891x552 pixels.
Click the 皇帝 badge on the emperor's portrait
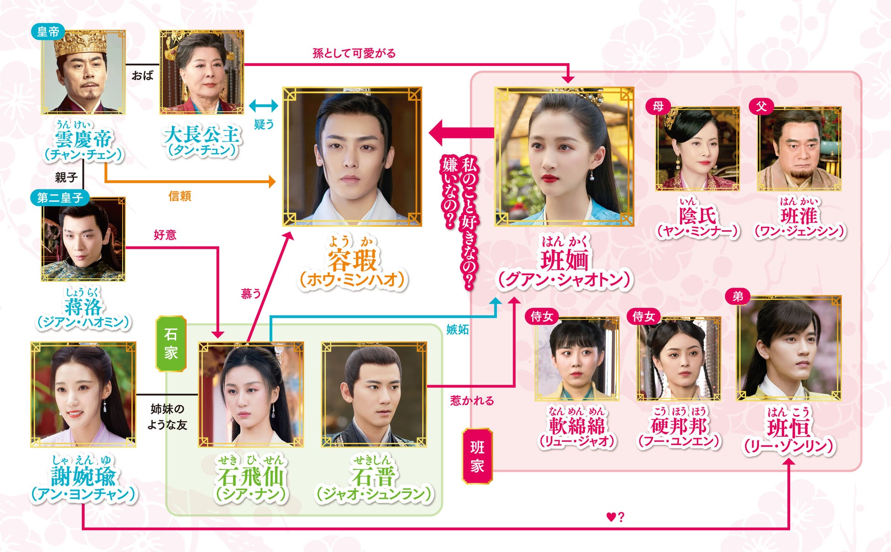pyautogui.click(x=48, y=32)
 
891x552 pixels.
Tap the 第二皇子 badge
pyautogui.click(x=59, y=198)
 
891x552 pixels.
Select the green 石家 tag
pyautogui.click(x=171, y=343)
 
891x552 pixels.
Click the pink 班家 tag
pyautogui.click(x=477, y=456)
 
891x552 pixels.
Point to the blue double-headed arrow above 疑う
pyautogui.click(x=264, y=106)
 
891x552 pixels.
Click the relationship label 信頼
pyautogui.click(x=180, y=196)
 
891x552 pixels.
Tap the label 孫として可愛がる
pyautogui.click(x=354, y=54)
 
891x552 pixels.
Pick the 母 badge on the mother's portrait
pyautogui.click(x=658, y=106)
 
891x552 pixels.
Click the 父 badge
pyautogui.click(x=761, y=106)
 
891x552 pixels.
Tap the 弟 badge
pyautogui.click(x=738, y=296)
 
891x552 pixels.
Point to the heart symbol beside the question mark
pyautogui.click(x=611, y=517)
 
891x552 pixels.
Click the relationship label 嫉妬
pyautogui.click(x=457, y=329)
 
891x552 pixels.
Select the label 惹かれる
pyautogui.click(x=472, y=401)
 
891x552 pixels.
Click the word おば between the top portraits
pyautogui.click(x=143, y=75)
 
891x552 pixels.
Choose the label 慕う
pyautogui.click(x=251, y=294)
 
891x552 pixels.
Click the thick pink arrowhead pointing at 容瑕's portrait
pyautogui.click(x=441, y=133)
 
